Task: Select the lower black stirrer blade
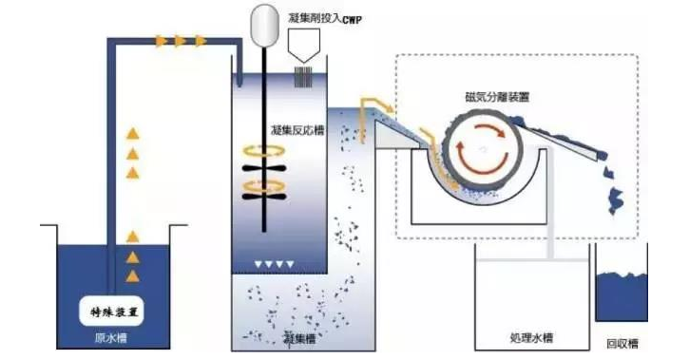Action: point(260,197)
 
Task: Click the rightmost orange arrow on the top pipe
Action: point(201,41)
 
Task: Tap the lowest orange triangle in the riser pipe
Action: point(133,275)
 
